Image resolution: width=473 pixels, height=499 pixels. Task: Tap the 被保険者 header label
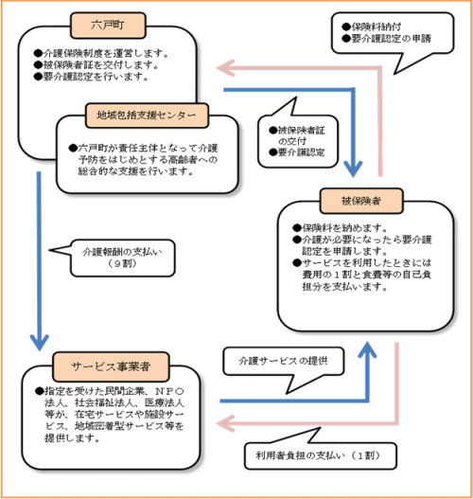363,201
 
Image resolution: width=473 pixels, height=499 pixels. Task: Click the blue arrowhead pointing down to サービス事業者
40,339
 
